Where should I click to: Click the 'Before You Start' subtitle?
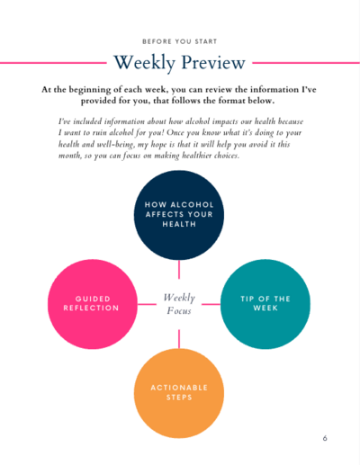179,41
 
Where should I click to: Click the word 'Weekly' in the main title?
144,63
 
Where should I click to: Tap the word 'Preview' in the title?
213,62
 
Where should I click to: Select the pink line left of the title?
53,63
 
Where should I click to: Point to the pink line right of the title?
306,63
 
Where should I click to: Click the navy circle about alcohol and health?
179,215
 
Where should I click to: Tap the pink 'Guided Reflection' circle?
93,304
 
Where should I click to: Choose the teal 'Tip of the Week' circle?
265,304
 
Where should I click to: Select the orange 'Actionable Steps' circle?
179,393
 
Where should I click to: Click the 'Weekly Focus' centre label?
179,304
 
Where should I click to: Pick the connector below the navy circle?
179,270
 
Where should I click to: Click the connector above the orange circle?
179,339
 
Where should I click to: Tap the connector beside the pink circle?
147,304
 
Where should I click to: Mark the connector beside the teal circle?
211,304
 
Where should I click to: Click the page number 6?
325,438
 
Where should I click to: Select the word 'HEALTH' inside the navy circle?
179,224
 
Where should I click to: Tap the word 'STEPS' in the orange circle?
179,398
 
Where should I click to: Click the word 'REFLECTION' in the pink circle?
91,308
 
